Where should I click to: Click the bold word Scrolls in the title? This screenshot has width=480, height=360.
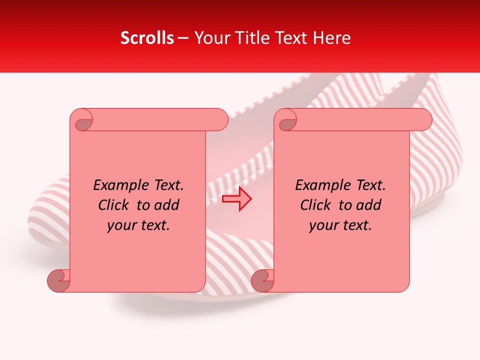(x=147, y=38)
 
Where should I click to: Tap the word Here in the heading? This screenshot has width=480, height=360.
(x=333, y=38)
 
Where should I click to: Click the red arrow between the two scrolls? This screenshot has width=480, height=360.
(x=236, y=199)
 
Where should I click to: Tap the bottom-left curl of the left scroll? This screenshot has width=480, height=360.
(x=58, y=280)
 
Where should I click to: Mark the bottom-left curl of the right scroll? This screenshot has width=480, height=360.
(x=262, y=280)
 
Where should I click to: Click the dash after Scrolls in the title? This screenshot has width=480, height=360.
(x=183, y=38)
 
